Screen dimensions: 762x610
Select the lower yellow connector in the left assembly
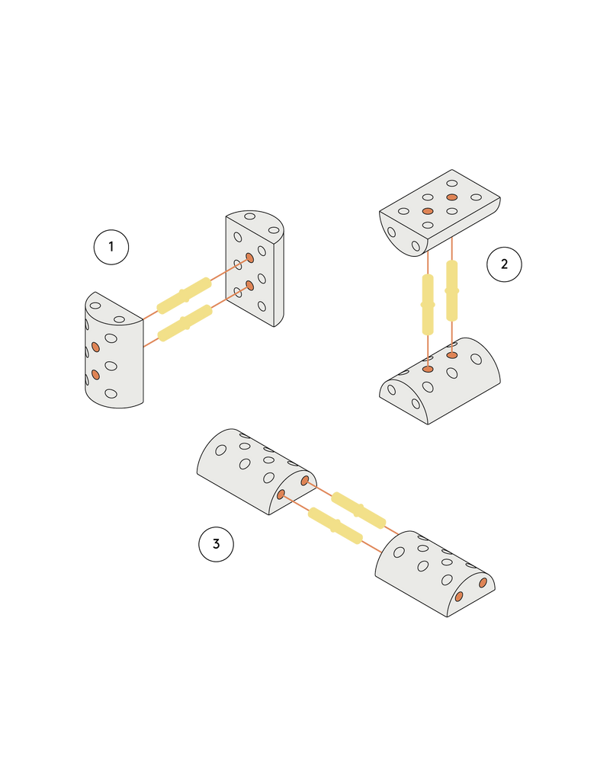pos(185,323)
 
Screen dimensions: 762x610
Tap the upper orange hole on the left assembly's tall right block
pos(249,258)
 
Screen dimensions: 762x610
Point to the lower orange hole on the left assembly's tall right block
pos(249,286)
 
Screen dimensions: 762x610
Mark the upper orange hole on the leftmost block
pos(95,347)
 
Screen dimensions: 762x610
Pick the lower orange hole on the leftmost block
pos(95,374)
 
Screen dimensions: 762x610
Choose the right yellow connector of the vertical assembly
pos(451,290)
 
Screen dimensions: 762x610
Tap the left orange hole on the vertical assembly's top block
pos(428,210)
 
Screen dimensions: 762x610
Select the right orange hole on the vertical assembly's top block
pos(451,197)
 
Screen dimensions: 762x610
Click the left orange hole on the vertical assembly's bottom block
pos(428,369)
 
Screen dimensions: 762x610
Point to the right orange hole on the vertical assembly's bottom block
pos(452,355)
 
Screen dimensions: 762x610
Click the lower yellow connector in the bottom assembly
pos(334,526)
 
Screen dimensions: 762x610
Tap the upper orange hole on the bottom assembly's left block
pos(305,481)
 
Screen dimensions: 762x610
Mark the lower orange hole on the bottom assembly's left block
pos(281,495)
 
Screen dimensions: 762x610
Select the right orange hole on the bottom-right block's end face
pos(483,583)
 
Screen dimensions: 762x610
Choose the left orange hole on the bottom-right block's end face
pos(458,597)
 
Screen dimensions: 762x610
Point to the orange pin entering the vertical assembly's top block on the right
pos(451,248)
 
